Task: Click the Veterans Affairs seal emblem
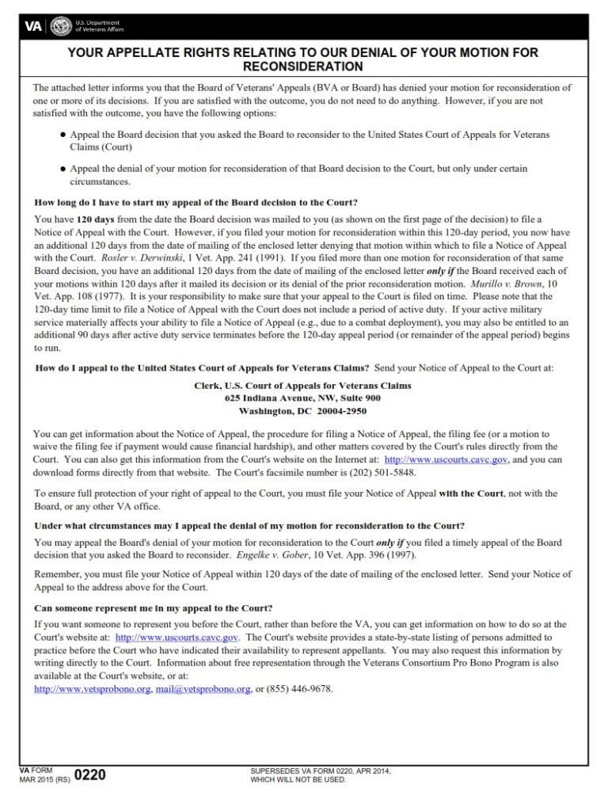pyautogui.click(x=60, y=25)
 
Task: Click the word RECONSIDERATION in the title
pyautogui.click(x=303, y=67)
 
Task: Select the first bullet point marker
pyautogui.click(x=63, y=136)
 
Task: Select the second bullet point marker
pyautogui.click(x=63, y=169)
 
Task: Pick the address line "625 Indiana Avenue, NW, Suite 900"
pyautogui.click(x=302, y=398)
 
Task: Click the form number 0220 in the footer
pyautogui.click(x=89, y=775)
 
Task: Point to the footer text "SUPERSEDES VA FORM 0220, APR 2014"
pyautogui.click(x=320, y=771)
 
